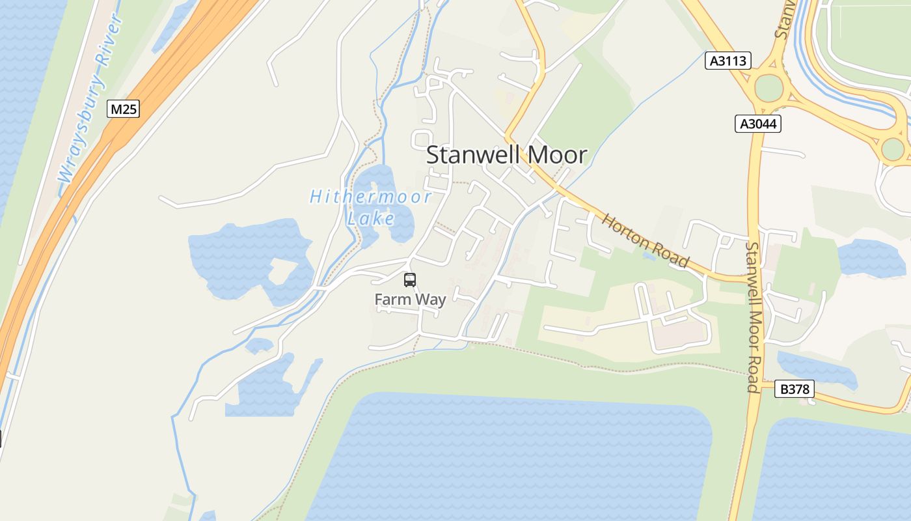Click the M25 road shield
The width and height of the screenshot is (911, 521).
tap(123, 109)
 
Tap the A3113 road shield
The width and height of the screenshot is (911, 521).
tap(728, 61)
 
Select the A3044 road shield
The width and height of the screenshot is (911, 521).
tap(758, 124)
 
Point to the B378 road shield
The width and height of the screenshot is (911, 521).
tap(795, 389)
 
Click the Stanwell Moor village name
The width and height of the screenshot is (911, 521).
tap(506, 155)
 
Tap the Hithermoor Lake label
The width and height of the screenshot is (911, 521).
tap(370, 206)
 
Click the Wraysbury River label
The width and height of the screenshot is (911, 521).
tap(91, 99)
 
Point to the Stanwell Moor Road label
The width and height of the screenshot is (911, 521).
tap(754, 317)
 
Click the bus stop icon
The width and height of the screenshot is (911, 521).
tap(410, 280)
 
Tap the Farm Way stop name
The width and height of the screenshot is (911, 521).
tap(410, 300)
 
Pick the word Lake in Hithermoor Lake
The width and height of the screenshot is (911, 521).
tap(371, 218)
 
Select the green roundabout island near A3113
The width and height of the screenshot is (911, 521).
tap(768, 88)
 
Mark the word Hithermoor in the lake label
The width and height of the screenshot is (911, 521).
tap(370, 197)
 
